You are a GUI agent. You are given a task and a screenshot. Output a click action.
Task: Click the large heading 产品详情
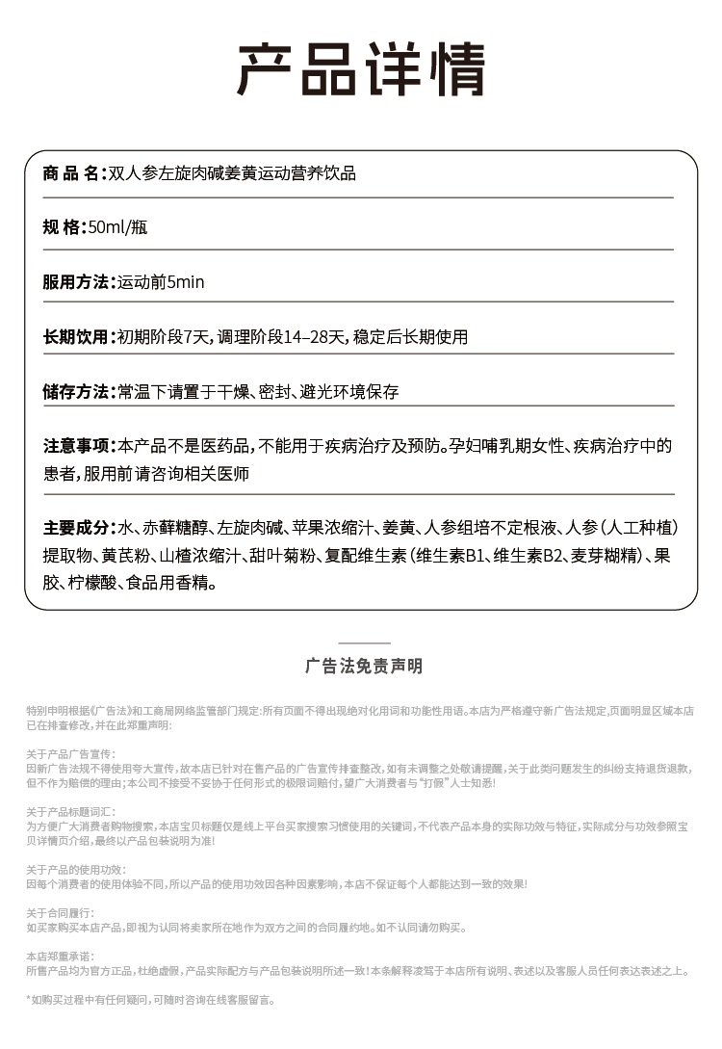pyautogui.click(x=361, y=68)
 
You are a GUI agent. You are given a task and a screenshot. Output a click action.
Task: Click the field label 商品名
pyautogui.click(x=71, y=173)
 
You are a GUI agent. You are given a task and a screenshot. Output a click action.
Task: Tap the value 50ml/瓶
pyautogui.click(x=116, y=228)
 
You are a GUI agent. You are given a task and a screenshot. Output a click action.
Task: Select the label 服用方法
pyautogui.click(x=76, y=282)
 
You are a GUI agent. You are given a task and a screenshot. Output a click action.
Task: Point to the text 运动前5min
pyautogui.click(x=161, y=282)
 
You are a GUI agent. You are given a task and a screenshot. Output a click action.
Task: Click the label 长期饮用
pyautogui.click(x=76, y=337)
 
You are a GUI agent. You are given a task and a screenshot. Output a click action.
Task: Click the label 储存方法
pyautogui.click(x=76, y=392)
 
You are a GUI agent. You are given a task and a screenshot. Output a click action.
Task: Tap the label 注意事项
pyautogui.click(x=76, y=446)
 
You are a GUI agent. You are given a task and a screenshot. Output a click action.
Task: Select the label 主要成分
pyautogui.click(x=76, y=528)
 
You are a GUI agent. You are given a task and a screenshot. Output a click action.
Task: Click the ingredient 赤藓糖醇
pyautogui.click(x=174, y=528)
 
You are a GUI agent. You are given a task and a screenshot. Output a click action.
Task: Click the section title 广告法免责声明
pyautogui.click(x=364, y=667)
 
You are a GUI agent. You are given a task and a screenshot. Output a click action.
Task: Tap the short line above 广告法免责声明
pyautogui.click(x=364, y=643)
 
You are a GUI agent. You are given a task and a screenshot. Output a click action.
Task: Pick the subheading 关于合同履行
pyautogui.click(x=60, y=912)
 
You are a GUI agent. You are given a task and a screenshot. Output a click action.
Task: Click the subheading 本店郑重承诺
pyautogui.click(x=60, y=956)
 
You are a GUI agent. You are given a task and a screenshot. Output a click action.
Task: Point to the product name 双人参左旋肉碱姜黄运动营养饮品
pyautogui.click(x=232, y=173)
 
